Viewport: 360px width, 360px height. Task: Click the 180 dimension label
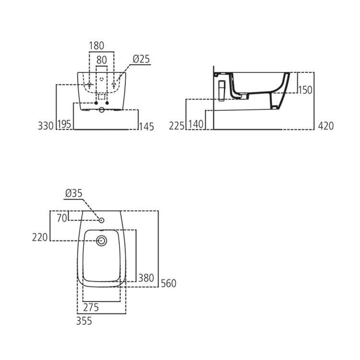click(x=96, y=46)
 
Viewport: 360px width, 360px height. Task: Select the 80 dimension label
click(x=102, y=60)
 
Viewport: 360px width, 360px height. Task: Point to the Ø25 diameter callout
click(x=141, y=59)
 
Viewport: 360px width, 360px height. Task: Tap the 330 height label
click(x=45, y=126)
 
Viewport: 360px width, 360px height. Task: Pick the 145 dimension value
click(x=146, y=127)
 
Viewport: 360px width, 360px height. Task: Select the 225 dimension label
click(x=177, y=126)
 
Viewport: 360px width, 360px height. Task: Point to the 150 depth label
click(x=305, y=90)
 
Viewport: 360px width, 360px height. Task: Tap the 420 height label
click(x=325, y=126)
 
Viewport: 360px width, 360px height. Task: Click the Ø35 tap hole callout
click(x=73, y=193)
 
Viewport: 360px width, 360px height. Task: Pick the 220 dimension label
click(x=40, y=237)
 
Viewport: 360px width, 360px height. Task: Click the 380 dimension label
click(x=146, y=278)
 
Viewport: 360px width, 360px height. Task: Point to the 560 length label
click(x=168, y=284)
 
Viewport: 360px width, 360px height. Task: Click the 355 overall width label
click(x=84, y=321)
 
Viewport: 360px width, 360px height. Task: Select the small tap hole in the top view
click(x=101, y=220)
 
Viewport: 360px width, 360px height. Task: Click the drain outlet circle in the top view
click(x=101, y=241)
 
